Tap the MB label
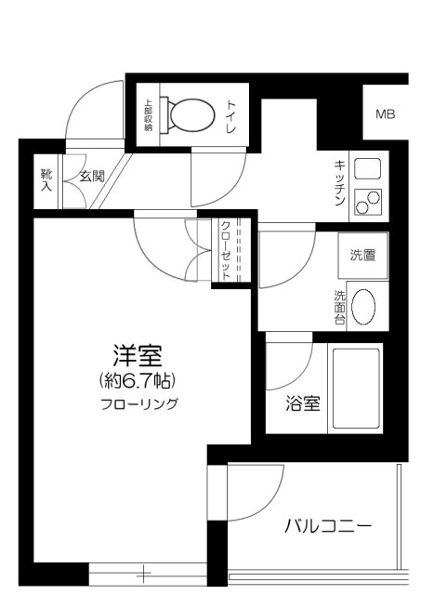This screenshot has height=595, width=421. [385, 115]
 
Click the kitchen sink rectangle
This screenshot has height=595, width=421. [368, 170]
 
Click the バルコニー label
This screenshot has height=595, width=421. [327, 526]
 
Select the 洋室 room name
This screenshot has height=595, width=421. [138, 355]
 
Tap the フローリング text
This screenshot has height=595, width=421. [139, 404]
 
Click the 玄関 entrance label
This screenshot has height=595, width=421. [91, 177]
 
